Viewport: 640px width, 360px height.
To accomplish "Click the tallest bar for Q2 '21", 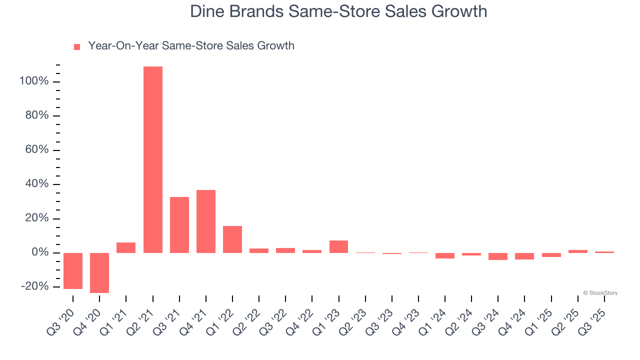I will point(152,159).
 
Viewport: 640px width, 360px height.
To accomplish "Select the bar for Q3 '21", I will point(179,225).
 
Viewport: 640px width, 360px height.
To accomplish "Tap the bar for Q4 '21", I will point(206,221).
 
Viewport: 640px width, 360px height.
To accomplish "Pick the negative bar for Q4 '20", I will point(99,272).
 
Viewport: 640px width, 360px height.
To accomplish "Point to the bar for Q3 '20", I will point(73,270).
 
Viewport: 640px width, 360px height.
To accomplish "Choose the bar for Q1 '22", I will point(232,239).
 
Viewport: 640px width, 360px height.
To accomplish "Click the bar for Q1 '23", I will point(338,246).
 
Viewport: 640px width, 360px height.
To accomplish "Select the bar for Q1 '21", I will point(126,247).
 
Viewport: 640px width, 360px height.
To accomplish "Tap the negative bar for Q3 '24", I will point(498,256).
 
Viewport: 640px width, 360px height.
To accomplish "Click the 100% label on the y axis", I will point(34,81).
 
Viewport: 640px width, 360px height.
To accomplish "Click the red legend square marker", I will point(77,47).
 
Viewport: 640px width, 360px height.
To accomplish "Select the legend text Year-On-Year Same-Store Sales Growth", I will point(191,46).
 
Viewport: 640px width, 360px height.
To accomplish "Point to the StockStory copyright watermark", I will point(600,293).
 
